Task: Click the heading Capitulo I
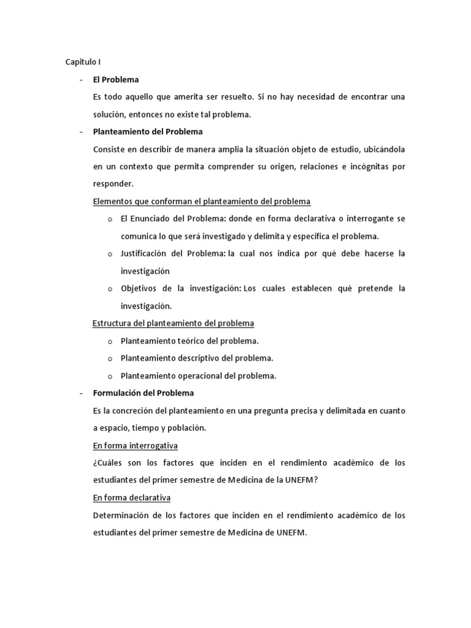(x=83, y=62)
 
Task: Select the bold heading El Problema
(x=116, y=80)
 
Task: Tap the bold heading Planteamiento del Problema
(x=147, y=132)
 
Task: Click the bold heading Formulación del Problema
(x=143, y=393)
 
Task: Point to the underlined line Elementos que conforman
(x=201, y=201)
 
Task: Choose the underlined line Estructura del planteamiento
(x=173, y=323)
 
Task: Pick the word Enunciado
(x=151, y=219)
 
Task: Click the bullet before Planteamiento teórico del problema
(x=110, y=342)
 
